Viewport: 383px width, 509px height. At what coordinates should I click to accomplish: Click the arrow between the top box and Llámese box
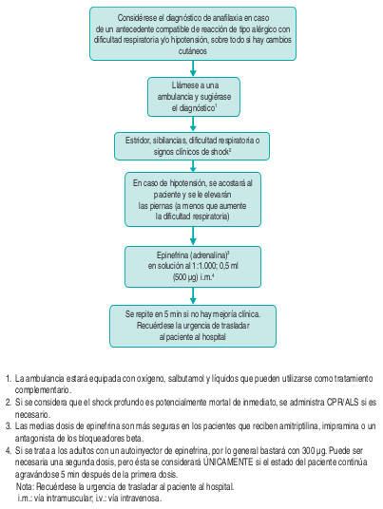click(x=191, y=66)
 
